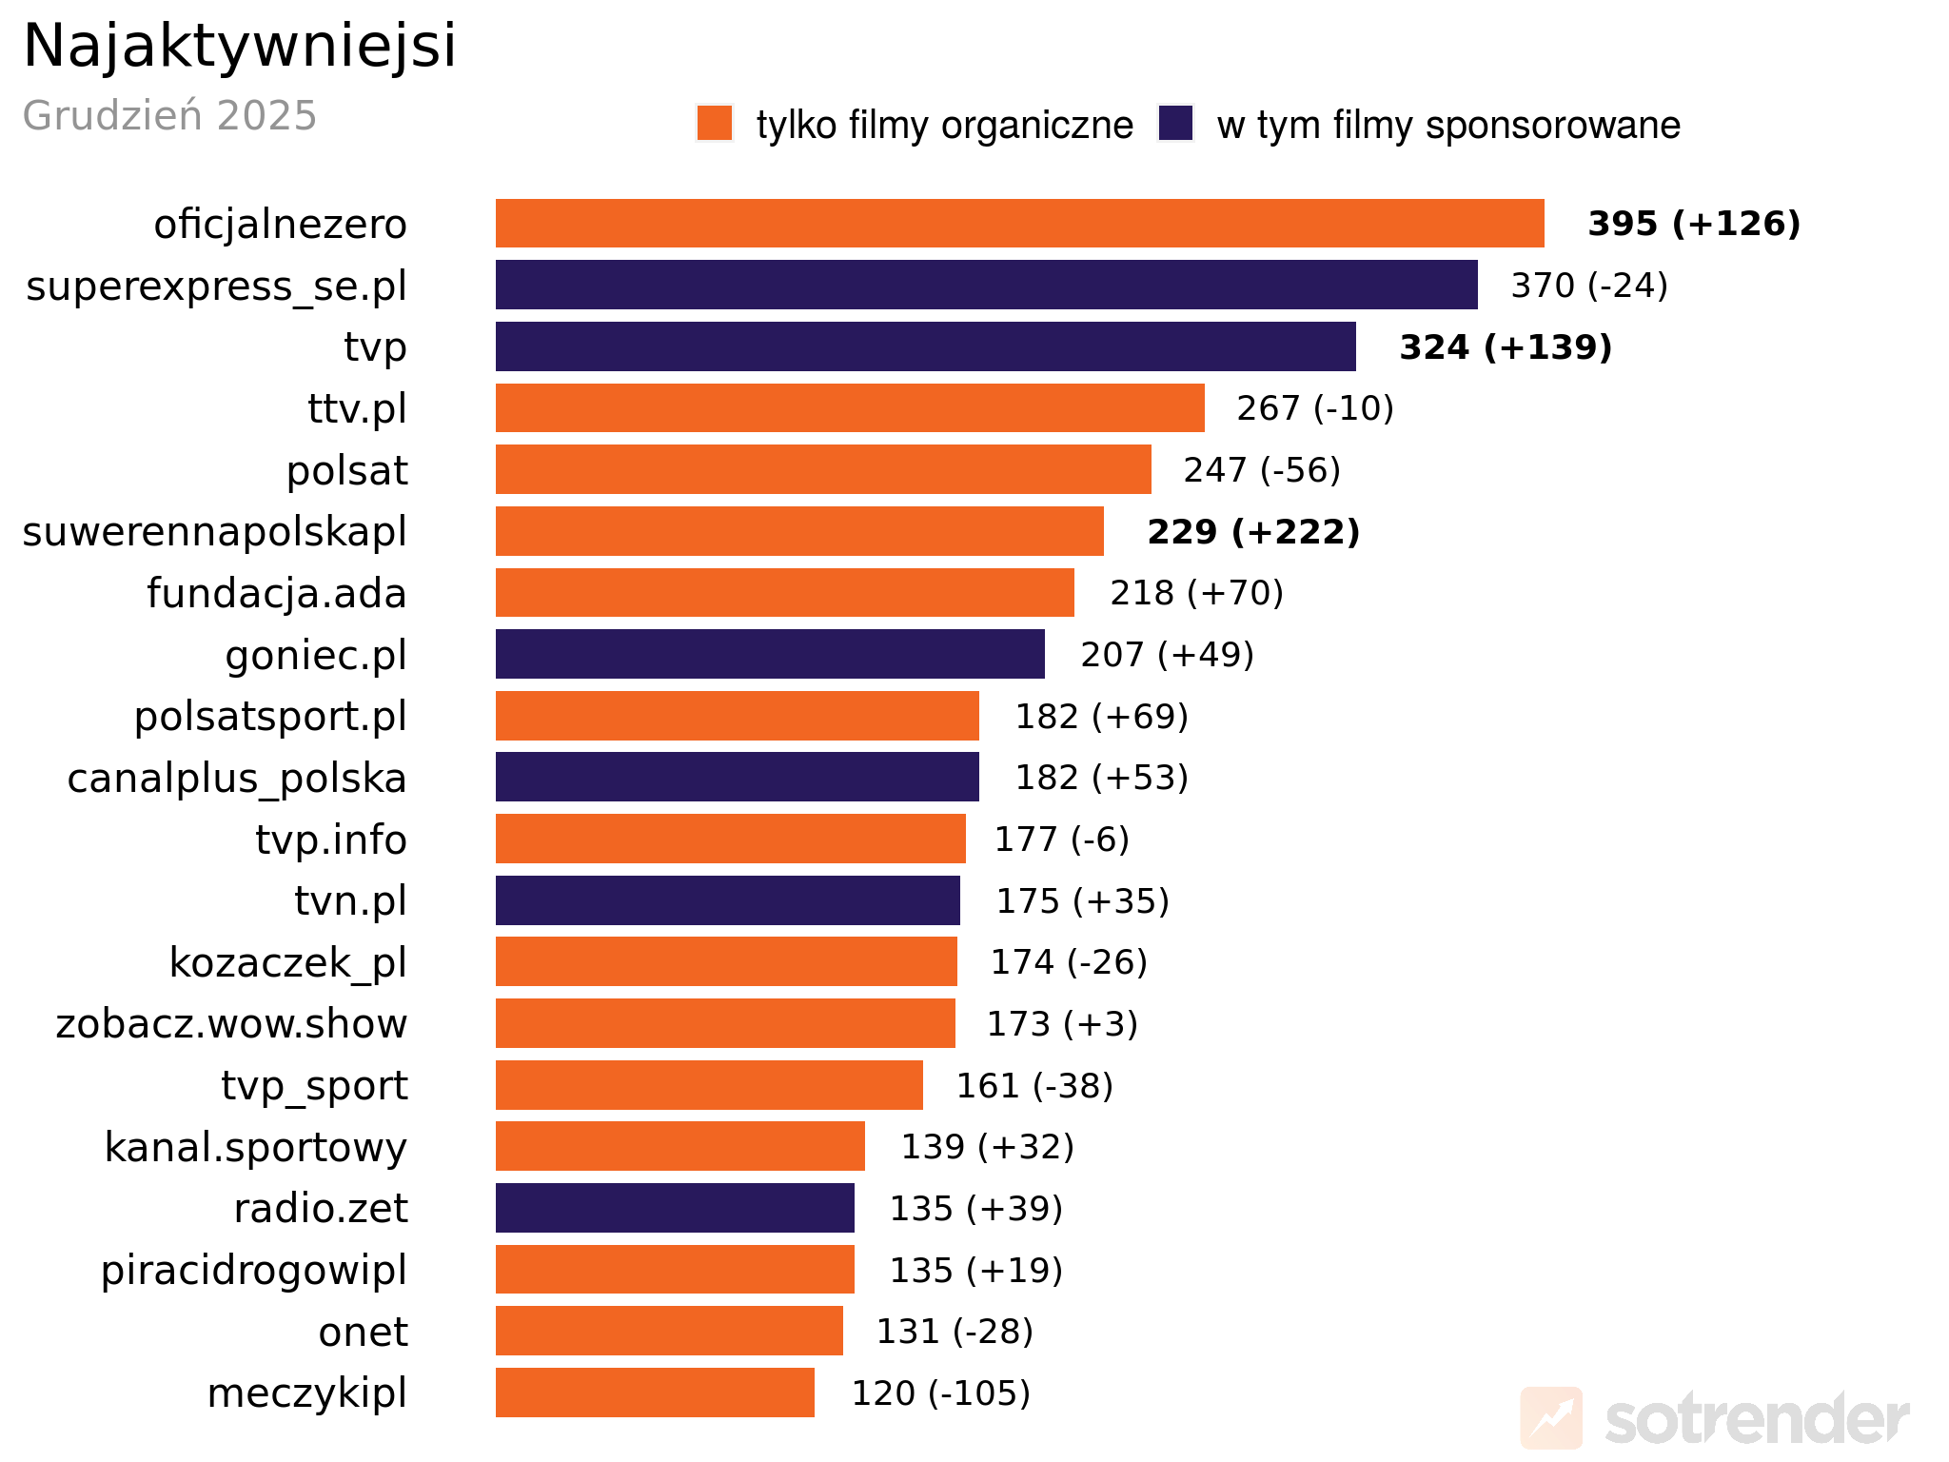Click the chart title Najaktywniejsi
[x=240, y=46]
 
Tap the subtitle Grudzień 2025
[x=169, y=116]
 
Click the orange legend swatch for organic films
[x=715, y=124]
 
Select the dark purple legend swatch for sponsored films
[x=1176, y=124]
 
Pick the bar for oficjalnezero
[x=1019, y=224]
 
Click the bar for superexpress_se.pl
[x=986, y=285]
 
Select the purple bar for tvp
[x=925, y=346]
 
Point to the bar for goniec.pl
[x=770, y=654]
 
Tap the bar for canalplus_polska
[x=737, y=777]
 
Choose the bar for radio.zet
[x=675, y=1208]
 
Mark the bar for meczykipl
[x=655, y=1393]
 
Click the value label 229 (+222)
[x=1253, y=531]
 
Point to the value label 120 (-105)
[x=940, y=1393]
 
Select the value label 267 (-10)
[x=1314, y=408]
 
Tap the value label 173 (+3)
[x=1062, y=1023]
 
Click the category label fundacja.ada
[x=276, y=593]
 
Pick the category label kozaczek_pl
[x=287, y=962]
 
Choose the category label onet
[x=363, y=1332]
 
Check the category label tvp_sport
[x=314, y=1085]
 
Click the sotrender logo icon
[x=1551, y=1417]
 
